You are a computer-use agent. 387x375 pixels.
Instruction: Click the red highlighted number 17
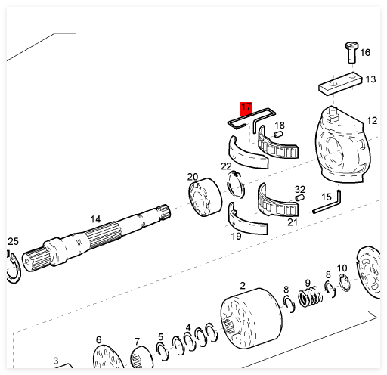(x=246, y=109)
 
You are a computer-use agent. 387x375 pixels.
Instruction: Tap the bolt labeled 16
(x=351, y=53)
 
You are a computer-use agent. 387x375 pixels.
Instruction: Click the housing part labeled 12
(x=342, y=145)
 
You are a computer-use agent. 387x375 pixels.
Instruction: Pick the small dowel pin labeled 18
(x=279, y=134)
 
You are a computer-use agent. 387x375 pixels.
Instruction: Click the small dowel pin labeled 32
(x=300, y=197)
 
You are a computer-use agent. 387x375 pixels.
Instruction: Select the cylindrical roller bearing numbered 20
(x=205, y=197)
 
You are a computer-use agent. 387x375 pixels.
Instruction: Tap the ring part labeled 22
(x=236, y=184)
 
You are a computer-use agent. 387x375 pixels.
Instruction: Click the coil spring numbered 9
(x=310, y=296)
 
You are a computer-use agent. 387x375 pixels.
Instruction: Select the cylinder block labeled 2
(x=252, y=318)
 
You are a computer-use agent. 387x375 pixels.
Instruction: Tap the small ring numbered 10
(x=344, y=283)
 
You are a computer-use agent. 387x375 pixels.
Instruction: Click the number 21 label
(x=293, y=222)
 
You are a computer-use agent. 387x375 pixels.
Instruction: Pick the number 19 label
(x=236, y=236)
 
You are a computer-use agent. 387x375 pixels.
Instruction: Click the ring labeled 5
(x=163, y=352)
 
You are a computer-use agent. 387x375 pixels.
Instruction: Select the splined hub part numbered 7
(x=141, y=358)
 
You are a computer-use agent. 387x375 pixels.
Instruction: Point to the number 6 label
(x=98, y=339)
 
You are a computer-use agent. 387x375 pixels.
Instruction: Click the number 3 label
(x=56, y=361)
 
